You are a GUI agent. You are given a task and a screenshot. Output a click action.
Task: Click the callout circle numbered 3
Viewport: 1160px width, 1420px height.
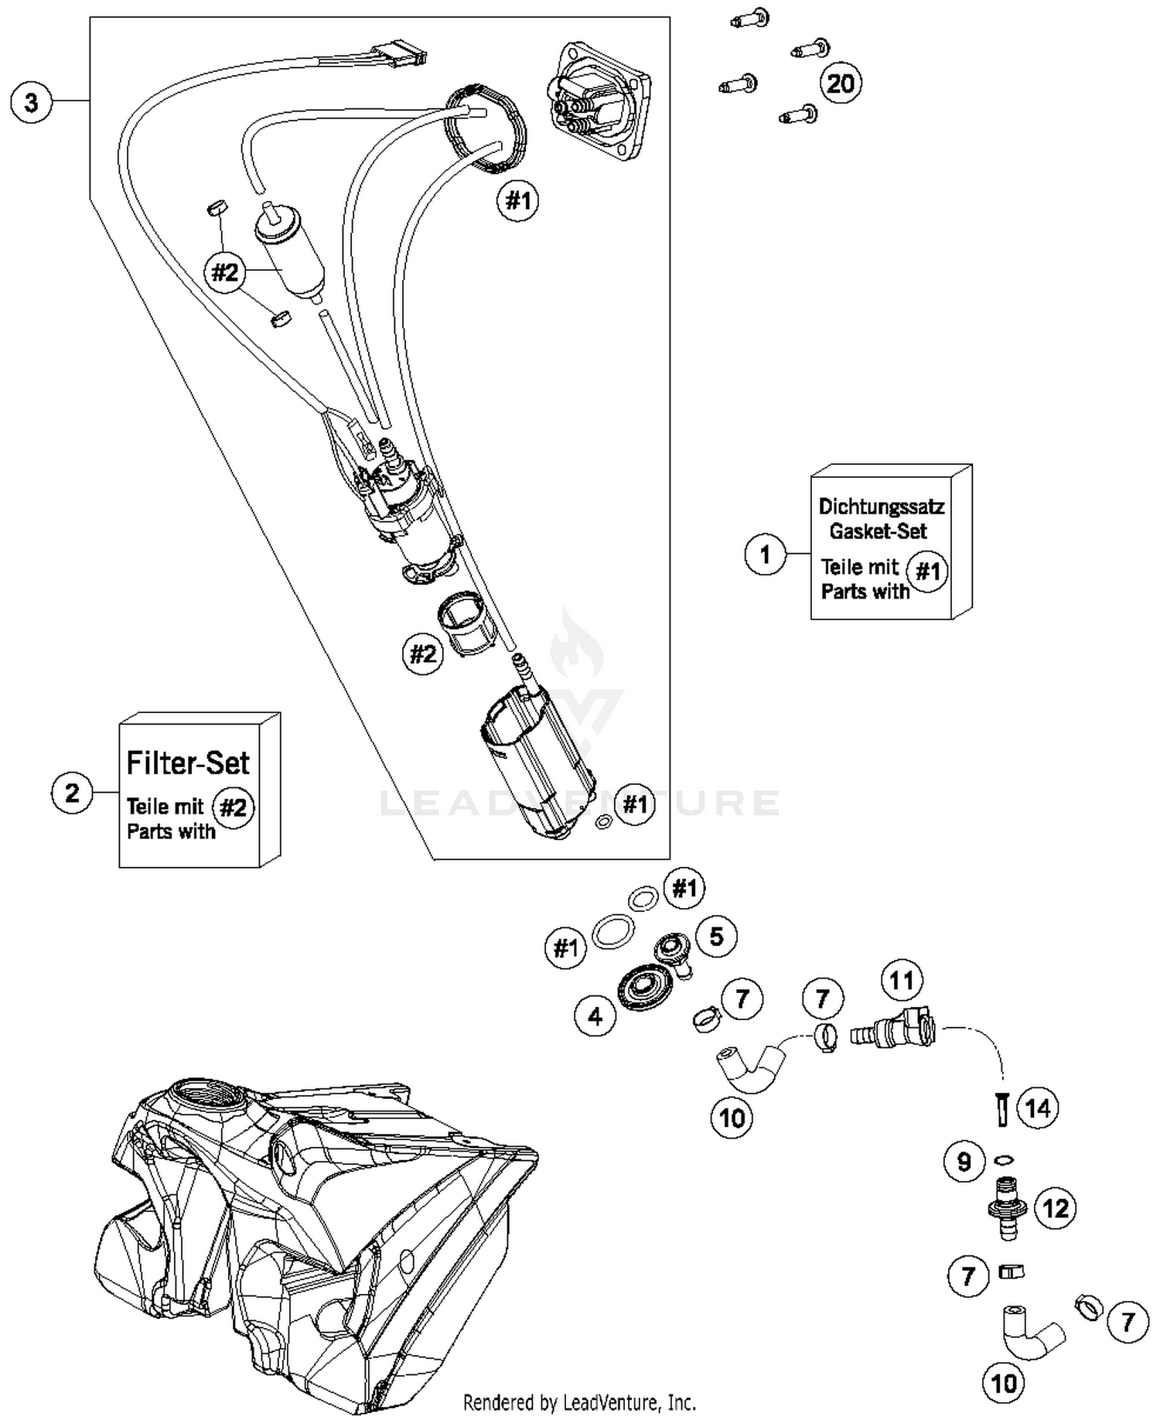pos(31,102)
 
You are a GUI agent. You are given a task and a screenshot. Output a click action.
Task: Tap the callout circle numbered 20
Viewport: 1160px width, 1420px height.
pos(841,83)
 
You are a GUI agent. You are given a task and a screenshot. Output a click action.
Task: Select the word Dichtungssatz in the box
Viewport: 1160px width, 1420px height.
pos(881,507)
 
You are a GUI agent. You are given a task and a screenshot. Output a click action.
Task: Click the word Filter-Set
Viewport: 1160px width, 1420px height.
pos(188,763)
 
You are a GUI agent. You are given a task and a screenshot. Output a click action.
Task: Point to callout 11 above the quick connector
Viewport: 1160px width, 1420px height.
pos(902,981)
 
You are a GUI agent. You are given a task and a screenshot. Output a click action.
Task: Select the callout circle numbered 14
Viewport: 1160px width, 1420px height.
pos(1037,1108)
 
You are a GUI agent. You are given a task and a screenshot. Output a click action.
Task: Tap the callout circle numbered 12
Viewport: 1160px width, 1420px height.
pos(1056,1208)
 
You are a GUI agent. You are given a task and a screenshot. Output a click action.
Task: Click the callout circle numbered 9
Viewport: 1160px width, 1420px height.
pos(964,1162)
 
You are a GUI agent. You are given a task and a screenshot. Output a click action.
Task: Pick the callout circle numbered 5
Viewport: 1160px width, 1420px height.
pos(716,937)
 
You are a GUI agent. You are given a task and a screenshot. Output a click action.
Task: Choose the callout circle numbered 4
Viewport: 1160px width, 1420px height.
pos(595,1016)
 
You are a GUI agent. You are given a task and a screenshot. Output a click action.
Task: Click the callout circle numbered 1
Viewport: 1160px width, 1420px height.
pos(765,555)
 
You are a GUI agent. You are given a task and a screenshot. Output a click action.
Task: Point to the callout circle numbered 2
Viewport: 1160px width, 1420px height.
pos(72,793)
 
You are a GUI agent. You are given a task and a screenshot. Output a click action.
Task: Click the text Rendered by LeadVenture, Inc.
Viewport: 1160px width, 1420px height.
pos(579,1402)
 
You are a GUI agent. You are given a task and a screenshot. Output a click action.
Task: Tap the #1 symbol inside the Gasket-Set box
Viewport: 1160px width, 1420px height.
pos(927,572)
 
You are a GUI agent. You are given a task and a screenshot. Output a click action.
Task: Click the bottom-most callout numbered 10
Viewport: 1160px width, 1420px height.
pos(1004,1383)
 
